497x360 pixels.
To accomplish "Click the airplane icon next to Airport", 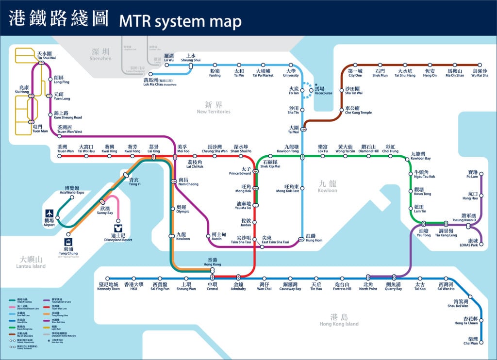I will coord(50,213).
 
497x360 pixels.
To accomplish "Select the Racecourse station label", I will coord(323,91).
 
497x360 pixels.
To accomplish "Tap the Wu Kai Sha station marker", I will coord(480,65).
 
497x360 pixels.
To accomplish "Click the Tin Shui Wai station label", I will coord(47,55).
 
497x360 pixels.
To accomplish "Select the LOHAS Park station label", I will coord(473,243).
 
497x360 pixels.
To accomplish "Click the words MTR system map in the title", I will coord(180,21).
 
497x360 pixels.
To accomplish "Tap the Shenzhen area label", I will coord(100,54).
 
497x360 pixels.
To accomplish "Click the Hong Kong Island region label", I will coord(339,320).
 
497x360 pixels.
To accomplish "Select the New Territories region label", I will coord(214,108).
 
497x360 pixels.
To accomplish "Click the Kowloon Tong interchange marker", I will coord(302,156).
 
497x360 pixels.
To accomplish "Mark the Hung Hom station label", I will coord(314,238).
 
